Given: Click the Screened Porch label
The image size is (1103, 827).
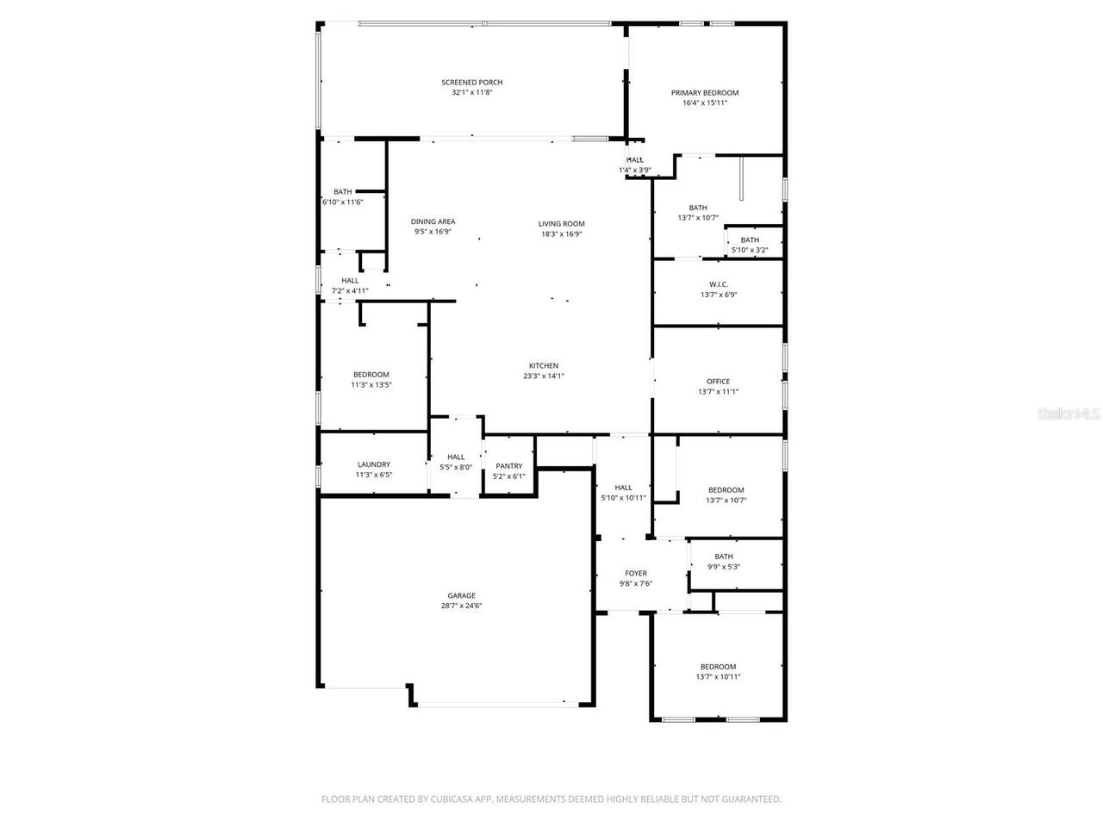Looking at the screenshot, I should tap(471, 83).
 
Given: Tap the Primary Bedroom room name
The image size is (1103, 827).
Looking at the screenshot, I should tap(704, 93).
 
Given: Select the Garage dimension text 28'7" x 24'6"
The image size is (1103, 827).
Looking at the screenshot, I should tap(461, 606).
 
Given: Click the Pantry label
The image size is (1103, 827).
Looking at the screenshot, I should tap(508, 466).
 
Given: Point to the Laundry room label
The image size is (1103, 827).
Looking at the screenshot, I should tap(373, 464).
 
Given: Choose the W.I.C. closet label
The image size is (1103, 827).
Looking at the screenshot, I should tap(718, 284).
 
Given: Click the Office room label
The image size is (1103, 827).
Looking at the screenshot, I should tap(718, 382).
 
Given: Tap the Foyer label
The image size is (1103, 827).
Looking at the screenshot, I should tap(635, 574).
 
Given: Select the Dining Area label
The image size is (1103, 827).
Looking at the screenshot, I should tap(433, 221).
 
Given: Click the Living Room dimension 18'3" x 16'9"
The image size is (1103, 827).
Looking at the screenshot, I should tap(562, 233).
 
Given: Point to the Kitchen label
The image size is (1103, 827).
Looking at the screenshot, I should tap(544, 366).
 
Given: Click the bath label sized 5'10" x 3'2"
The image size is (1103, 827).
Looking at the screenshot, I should tap(750, 240).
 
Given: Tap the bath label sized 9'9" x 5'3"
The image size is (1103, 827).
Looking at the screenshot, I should tap(723, 557).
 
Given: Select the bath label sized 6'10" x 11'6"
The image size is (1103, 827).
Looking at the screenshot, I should tap(342, 192).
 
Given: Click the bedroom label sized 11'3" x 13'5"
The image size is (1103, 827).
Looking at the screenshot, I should tap(371, 375).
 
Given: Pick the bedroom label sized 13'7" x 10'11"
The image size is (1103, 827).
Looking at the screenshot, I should tap(718, 667).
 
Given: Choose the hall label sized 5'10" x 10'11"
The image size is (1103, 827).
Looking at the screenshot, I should tap(623, 488).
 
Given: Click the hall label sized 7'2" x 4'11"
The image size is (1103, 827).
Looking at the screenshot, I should tap(350, 281).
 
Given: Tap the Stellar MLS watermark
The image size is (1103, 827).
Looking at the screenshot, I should tap(1069, 414).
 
